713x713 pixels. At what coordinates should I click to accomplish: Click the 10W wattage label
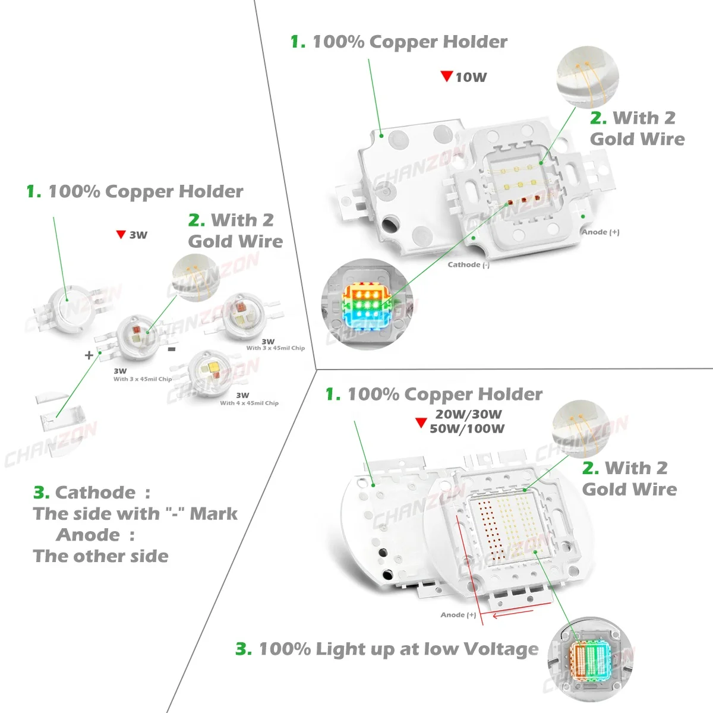(x=471, y=77)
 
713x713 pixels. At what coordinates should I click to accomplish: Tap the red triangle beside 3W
(x=121, y=235)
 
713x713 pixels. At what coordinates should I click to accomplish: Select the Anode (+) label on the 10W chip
(x=600, y=232)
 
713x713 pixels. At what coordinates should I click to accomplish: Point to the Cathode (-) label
(x=468, y=265)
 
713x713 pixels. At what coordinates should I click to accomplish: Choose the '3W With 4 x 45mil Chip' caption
(x=249, y=399)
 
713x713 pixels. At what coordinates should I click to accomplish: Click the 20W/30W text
(x=468, y=414)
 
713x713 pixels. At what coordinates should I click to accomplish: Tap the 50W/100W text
(x=467, y=428)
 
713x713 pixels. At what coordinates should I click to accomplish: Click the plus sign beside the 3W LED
(x=89, y=355)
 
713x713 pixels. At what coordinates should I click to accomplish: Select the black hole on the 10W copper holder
(x=391, y=226)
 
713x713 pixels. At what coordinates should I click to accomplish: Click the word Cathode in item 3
(x=95, y=493)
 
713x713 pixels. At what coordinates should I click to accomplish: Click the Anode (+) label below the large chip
(x=458, y=615)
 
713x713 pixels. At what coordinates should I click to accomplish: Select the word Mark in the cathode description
(x=213, y=514)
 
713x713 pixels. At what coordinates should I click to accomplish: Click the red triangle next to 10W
(x=447, y=76)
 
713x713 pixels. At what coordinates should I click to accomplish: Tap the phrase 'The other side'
(x=100, y=557)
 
